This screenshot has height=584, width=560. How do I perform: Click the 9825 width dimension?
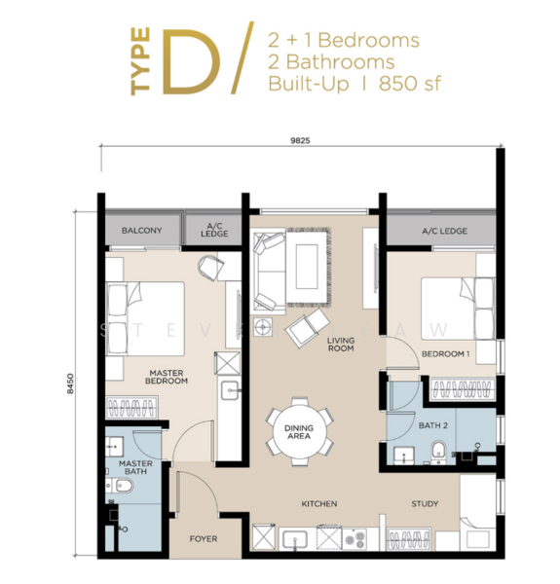tap(299, 140)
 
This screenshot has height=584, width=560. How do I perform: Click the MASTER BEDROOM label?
tap(168, 376)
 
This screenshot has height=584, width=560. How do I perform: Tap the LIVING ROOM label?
tap(340, 345)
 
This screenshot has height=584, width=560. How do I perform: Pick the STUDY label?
tap(425, 504)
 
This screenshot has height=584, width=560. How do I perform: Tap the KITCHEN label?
tap(318, 504)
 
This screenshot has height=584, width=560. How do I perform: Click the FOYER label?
tap(203, 539)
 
